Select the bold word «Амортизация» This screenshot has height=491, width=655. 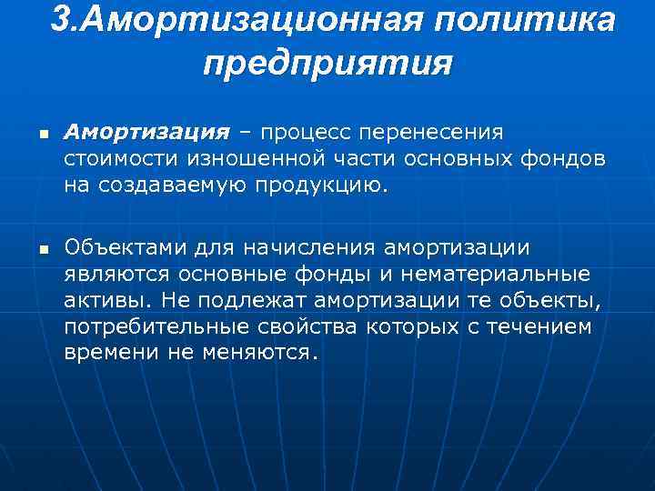tap(146, 134)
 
